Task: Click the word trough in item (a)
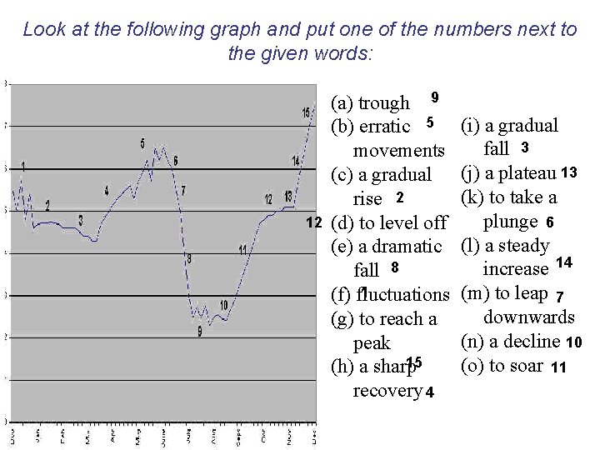click(x=383, y=104)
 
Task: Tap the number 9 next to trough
click(x=434, y=97)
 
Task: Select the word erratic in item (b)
click(x=384, y=127)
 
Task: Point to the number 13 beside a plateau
click(x=569, y=172)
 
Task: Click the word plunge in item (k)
click(x=510, y=222)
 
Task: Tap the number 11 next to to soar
click(x=559, y=367)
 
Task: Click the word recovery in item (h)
click(x=387, y=390)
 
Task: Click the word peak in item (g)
click(x=372, y=342)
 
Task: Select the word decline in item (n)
click(x=535, y=342)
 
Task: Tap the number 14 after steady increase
click(x=563, y=263)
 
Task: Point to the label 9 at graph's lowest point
click(x=199, y=332)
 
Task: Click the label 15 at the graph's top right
click(x=307, y=112)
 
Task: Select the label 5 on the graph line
click(x=142, y=143)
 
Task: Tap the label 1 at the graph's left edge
click(x=23, y=166)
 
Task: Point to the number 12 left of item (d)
click(x=314, y=222)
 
